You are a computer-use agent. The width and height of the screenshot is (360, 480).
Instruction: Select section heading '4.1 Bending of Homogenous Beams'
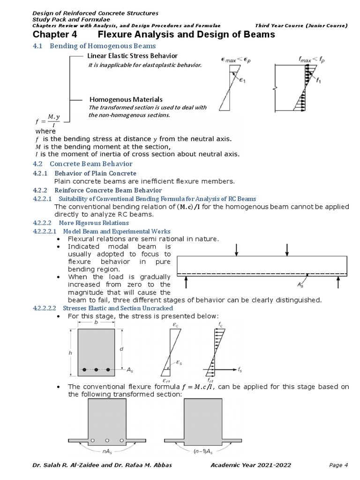pos(94,46)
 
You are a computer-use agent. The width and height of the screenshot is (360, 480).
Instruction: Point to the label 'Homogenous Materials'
pos(126,99)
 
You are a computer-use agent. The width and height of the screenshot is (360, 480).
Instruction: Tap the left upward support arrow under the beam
pos(186,283)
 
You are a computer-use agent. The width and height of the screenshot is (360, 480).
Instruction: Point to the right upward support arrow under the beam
pos(338,283)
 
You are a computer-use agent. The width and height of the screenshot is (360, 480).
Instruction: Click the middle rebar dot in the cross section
pos(96,370)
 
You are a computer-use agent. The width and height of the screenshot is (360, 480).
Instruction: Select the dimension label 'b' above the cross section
pos(96,323)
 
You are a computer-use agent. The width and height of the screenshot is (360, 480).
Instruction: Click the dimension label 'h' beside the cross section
pos(70,352)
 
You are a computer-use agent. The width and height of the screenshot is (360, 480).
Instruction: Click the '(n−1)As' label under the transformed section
pos(203,452)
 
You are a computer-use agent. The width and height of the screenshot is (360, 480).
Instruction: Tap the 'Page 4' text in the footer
pos(338,465)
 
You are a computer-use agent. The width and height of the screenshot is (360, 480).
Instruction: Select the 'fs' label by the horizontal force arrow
pos(240,370)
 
